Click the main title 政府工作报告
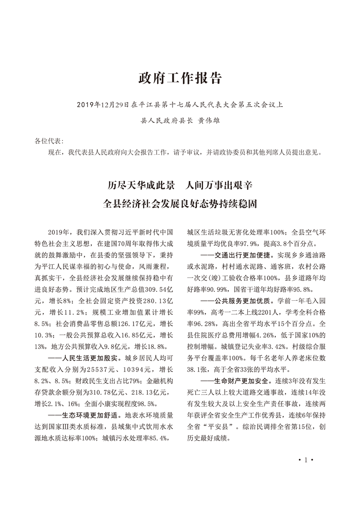click(180, 78)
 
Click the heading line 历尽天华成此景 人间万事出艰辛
click(180, 186)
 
